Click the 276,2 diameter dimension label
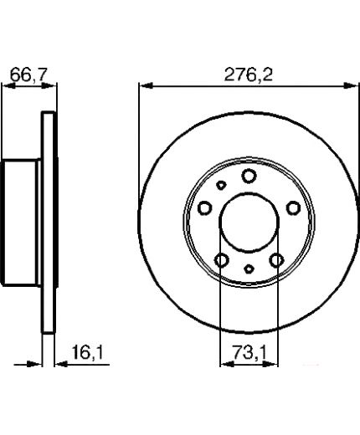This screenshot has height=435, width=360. click(248, 74)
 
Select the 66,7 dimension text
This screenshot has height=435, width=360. click(27, 74)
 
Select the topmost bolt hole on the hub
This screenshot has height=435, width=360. click(249, 176)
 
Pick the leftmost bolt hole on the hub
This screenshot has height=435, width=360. click(204, 208)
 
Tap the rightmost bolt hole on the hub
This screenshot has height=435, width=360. click(294, 208)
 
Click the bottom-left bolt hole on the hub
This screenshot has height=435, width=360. click(222, 260)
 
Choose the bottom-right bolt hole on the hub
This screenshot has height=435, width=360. click(276, 260)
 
